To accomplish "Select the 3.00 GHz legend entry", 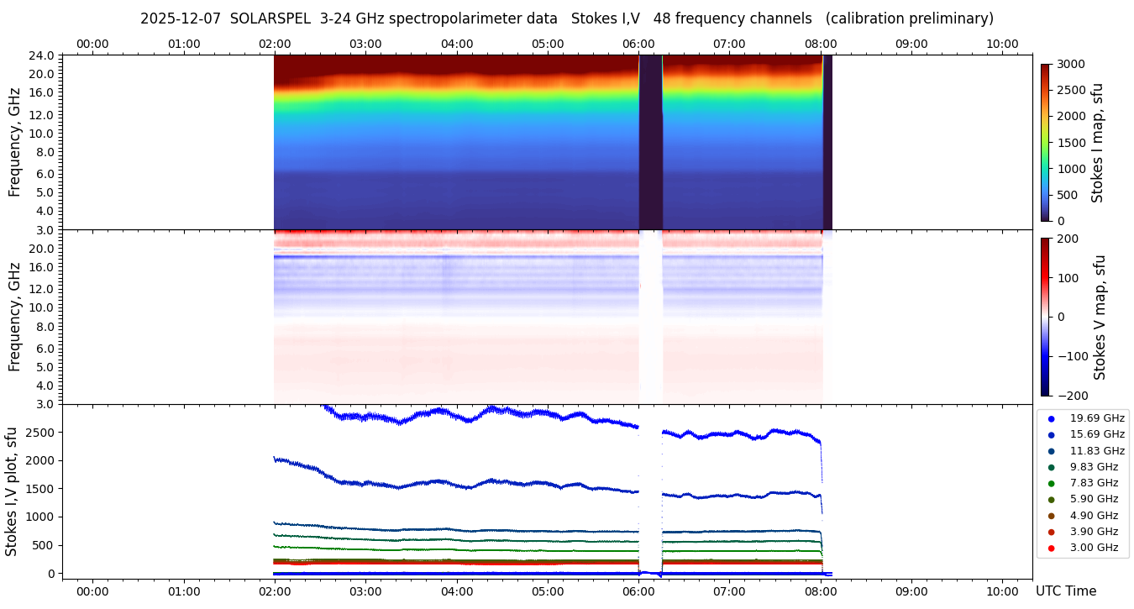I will (1093, 548).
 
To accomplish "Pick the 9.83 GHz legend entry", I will (1093, 466).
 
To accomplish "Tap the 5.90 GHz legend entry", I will (1093, 499).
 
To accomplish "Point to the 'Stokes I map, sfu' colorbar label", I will (1097, 143).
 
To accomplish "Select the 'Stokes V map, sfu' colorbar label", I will (1100, 317).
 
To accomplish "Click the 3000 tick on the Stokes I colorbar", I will (1071, 64).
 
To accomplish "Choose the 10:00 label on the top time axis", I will (1002, 44).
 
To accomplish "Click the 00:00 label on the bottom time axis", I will (92, 591).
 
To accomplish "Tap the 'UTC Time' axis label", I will (1065, 591).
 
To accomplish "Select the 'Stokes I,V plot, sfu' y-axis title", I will (12, 491).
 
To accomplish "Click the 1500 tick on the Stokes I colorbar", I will (1071, 143).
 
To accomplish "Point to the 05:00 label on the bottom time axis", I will (548, 591).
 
